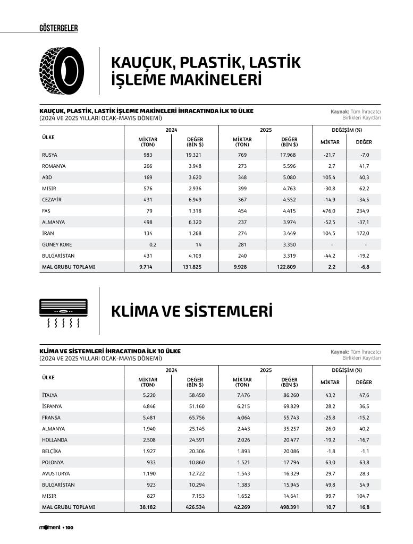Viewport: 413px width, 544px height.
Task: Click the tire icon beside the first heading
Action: click(62, 71)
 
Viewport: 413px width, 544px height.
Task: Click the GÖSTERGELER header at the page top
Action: click(58, 28)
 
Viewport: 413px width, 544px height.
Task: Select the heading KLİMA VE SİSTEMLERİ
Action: click(191, 311)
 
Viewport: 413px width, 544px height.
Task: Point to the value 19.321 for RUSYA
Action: click(193, 155)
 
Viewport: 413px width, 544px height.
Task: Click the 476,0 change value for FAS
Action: click(330, 210)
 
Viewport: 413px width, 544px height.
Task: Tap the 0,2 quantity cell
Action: click(153, 244)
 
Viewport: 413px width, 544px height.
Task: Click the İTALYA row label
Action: click(49, 395)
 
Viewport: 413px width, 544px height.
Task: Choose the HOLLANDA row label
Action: click(55, 440)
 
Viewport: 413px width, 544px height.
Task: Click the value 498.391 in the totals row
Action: click(289, 507)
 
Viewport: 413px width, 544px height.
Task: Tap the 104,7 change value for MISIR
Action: click(364, 496)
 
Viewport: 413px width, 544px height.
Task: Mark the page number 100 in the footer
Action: click(69, 528)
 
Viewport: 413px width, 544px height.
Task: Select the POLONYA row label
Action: click(53, 462)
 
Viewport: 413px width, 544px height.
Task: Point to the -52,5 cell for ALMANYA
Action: click(330, 222)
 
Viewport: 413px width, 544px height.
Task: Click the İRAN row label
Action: click(48, 233)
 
